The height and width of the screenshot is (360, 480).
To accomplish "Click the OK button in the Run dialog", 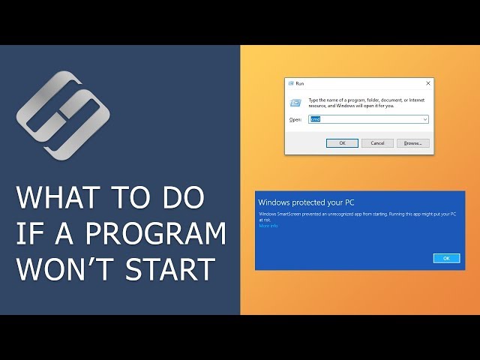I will [342, 142].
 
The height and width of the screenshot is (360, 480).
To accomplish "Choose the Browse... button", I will [412, 142].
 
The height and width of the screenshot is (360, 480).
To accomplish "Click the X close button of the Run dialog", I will [427, 83].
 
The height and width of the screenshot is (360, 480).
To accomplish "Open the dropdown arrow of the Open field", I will [424, 119].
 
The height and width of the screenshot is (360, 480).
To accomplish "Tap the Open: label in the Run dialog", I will [295, 119].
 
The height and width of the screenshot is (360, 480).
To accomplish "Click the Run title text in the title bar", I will [300, 83].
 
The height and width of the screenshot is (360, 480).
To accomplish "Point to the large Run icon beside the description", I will [295, 101].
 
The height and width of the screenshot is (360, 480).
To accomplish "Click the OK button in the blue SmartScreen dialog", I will [446, 258].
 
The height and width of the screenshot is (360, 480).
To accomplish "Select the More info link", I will [268, 226].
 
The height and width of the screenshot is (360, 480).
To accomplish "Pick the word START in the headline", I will [172, 268].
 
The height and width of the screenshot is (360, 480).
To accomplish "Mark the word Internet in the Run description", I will [416, 100].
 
